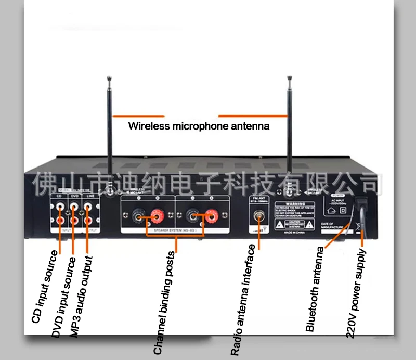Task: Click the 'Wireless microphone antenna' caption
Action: (x=199, y=126)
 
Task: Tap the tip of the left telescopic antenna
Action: (x=109, y=79)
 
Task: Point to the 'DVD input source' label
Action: (x=63, y=297)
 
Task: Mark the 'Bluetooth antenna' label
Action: (x=315, y=289)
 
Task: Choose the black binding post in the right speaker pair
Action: (x=193, y=214)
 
